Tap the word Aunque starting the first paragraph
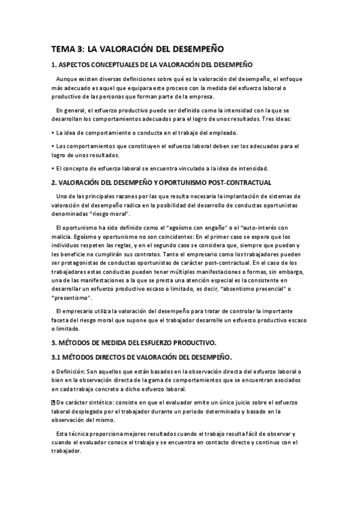click(68, 79)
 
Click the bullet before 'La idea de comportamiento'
click(53, 133)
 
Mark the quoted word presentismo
click(71, 298)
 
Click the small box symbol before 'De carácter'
click(53, 402)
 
